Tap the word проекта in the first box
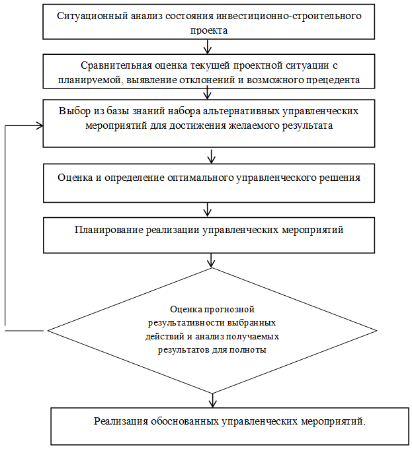(209, 30)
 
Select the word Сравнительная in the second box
(116, 65)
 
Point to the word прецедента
(333, 80)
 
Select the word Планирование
(108, 230)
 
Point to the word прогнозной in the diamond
(229, 310)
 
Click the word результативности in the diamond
(186, 323)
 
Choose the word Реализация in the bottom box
(121, 421)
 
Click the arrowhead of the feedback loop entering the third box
(40, 125)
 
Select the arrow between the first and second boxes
(207, 47)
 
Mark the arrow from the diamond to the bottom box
(212, 401)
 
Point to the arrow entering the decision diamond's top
(211, 260)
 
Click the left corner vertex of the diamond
(48, 331)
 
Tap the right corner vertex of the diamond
(376, 331)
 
